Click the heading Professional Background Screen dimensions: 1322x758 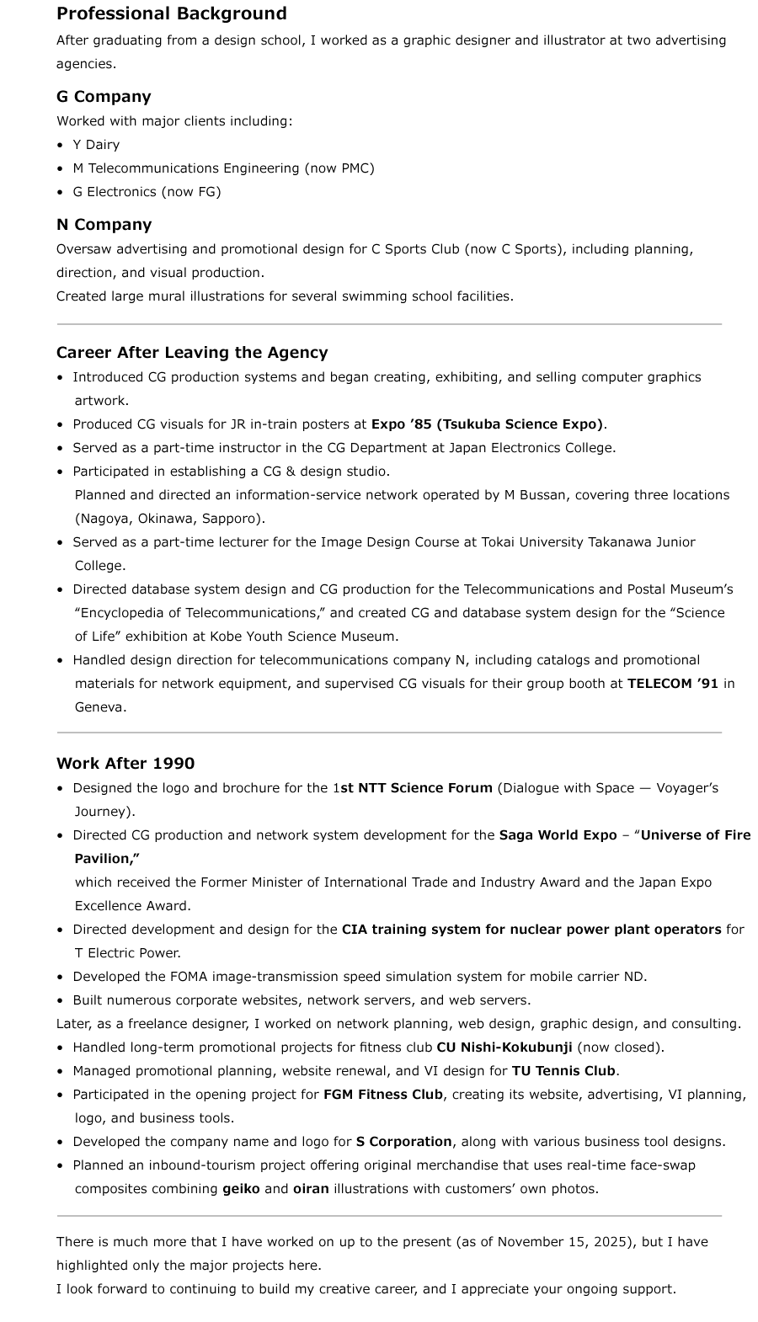point(172,13)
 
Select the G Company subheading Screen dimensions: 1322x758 point(104,97)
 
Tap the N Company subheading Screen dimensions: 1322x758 point(104,225)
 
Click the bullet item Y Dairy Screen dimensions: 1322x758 point(96,145)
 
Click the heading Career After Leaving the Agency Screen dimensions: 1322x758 point(192,353)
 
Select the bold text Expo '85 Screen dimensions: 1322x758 point(401,424)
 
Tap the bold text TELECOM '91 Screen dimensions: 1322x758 point(672,684)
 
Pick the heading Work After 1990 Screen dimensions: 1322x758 point(125,764)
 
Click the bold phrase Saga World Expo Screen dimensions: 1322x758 point(558,835)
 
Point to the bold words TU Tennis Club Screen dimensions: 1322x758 point(563,1071)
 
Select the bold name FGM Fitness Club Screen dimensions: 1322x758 point(382,1095)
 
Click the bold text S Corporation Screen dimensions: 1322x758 point(403,1142)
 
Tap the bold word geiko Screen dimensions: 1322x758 point(241,1189)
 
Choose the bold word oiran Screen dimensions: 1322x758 point(311,1189)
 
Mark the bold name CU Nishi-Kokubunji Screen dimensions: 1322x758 point(504,1047)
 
